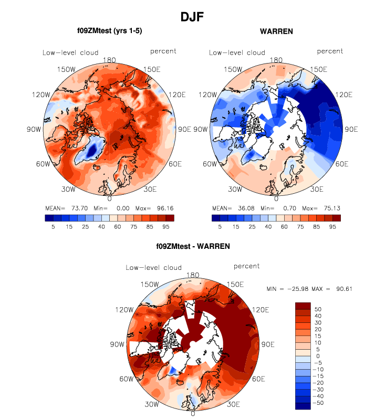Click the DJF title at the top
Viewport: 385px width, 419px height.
point(192,17)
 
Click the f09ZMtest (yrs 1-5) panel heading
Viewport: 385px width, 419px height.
point(109,32)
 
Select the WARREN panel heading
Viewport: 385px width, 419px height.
point(276,32)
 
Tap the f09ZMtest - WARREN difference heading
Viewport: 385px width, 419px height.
point(193,246)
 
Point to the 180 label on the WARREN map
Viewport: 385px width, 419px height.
point(276,60)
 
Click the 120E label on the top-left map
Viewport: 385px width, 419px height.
point(178,95)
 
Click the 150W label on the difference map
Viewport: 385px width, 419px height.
point(138,285)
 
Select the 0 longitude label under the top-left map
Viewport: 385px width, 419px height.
point(109,199)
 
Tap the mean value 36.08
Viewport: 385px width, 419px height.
point(240,208)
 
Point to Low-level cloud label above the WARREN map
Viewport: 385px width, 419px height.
point(237,53)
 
